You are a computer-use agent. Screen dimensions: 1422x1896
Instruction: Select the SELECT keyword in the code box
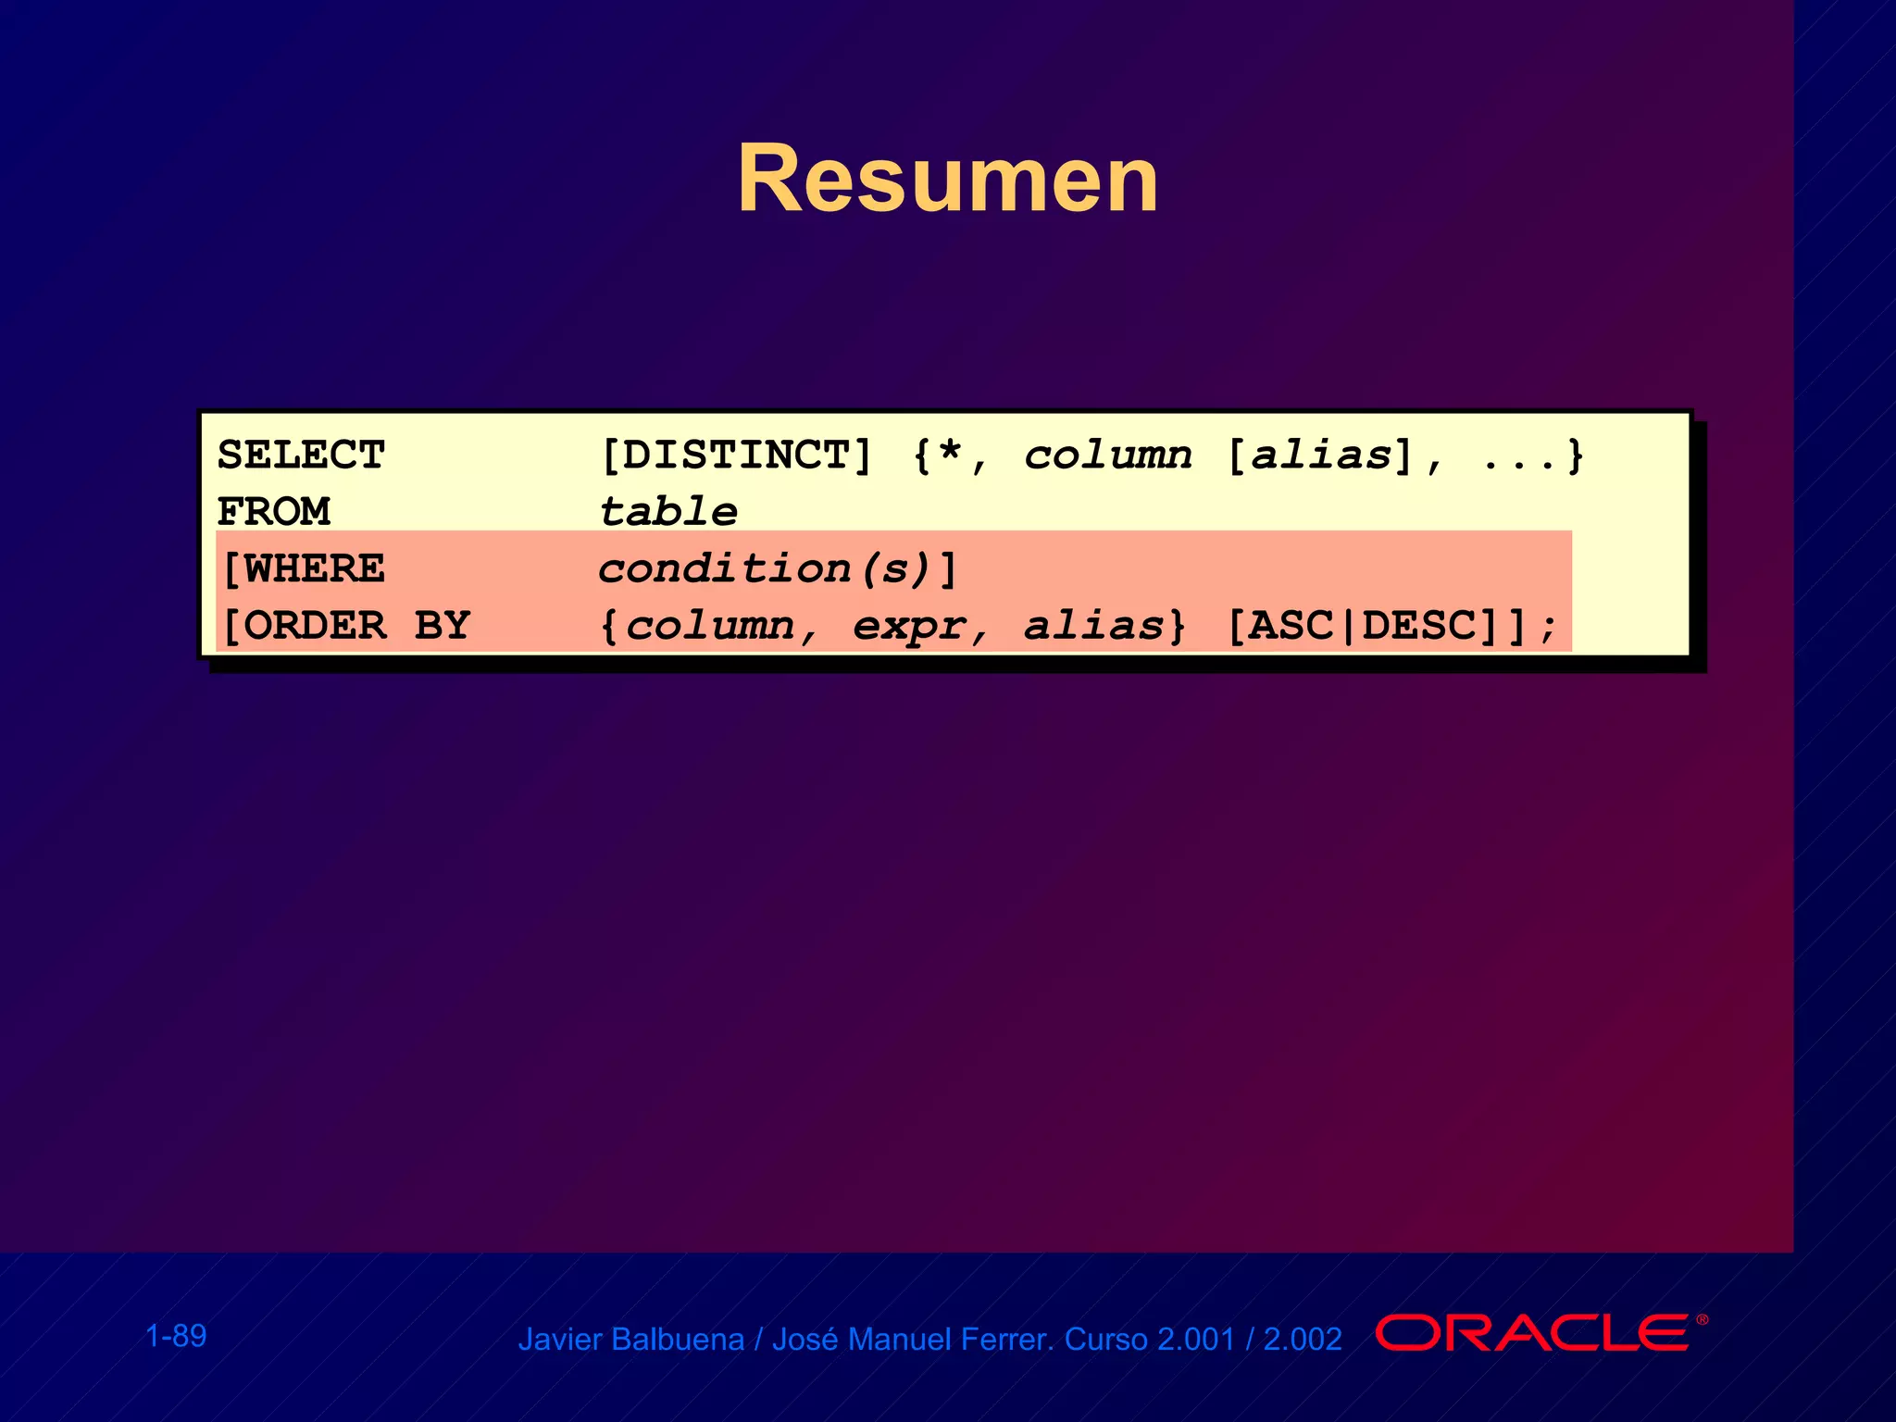301,455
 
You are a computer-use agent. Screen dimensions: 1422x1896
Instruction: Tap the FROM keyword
273,512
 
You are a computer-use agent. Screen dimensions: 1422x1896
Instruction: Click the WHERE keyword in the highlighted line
314,569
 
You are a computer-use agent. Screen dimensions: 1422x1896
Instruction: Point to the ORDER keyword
316,626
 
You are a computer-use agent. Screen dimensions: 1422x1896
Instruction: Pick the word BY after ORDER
443,626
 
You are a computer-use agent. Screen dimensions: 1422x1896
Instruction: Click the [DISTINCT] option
736,455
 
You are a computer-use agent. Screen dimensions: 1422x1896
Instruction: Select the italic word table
668,512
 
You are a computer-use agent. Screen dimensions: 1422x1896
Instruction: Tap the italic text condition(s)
764,569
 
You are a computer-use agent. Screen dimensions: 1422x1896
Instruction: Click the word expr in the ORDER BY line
908,627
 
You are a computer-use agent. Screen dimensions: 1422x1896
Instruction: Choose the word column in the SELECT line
1108,455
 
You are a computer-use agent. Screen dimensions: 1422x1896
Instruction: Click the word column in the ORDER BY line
710,627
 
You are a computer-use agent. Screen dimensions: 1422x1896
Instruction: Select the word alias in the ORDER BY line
1093,627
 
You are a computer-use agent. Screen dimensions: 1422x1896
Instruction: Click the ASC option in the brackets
1291,627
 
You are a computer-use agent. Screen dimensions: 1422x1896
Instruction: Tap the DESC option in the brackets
1417,627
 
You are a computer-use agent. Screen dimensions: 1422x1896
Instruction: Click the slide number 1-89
176,1336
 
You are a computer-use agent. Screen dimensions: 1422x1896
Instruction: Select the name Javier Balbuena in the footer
630,1340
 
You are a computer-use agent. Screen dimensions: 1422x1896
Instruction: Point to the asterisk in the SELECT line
949,454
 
